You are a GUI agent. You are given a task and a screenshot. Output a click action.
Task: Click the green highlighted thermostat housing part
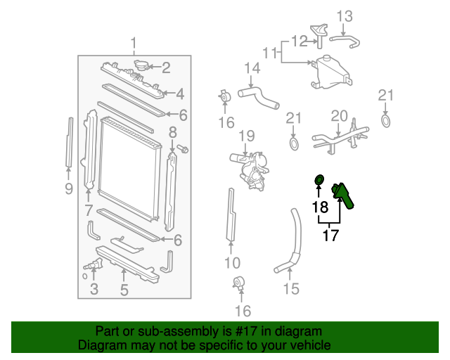(343, 195)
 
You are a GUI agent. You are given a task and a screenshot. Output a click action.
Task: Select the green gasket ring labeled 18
(319, 181)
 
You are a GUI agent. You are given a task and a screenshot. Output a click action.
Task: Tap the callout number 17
(330, 236)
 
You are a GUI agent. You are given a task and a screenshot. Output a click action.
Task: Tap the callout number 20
(339, 115)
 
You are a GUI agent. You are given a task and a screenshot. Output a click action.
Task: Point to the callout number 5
(124, 289)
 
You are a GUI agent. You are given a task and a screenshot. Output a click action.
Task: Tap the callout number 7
(89, 209)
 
